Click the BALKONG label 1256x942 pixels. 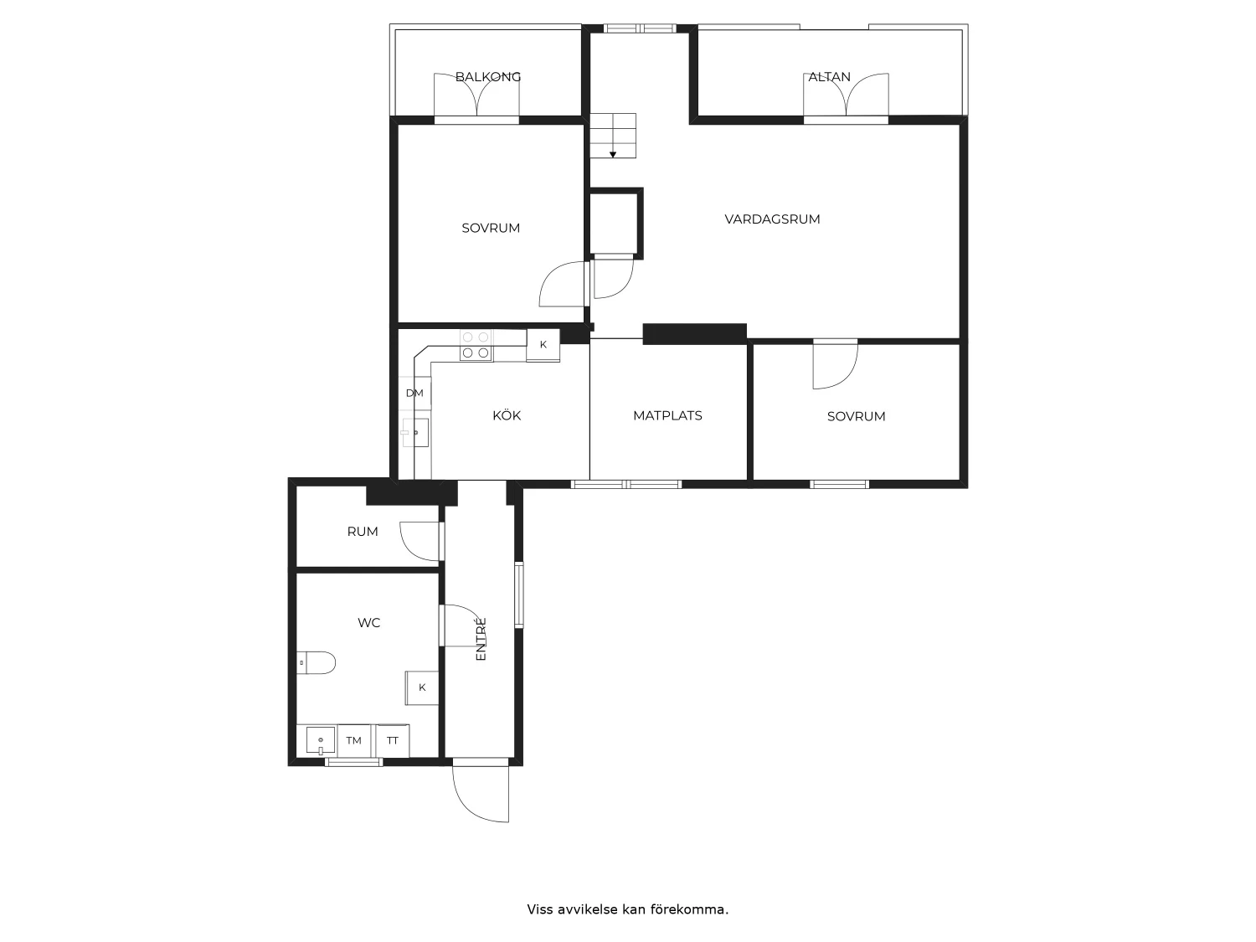[488, 77]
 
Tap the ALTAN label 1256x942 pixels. [829, 77]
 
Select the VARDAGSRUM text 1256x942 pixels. [772, 219]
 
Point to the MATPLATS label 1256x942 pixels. [667, 416]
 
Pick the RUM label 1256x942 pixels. [363, 532]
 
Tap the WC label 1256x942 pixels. [368, 622]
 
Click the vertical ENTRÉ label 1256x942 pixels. [481, 639]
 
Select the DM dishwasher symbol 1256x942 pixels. [414, 393]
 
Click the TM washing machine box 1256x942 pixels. [353, 740]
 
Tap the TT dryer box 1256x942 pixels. [393, 740]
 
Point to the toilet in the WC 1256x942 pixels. [316, 662]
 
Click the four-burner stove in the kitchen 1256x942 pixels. [476, 345]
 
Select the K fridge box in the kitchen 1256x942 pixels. [543, 345]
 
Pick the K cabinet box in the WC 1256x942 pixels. [422, 687]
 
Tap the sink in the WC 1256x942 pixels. [321, 741]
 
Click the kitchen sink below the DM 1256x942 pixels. [416, 432]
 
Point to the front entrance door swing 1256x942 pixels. [481, 794]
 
